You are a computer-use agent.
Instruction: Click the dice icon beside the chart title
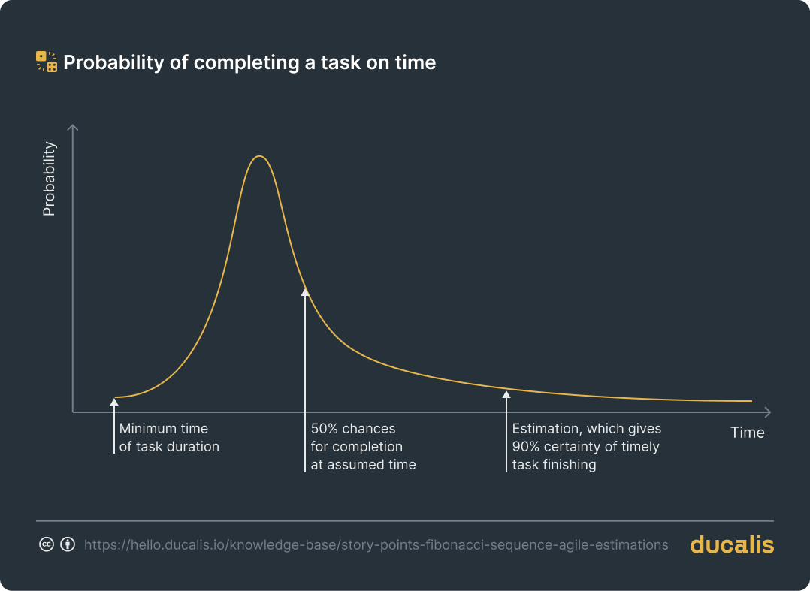47,62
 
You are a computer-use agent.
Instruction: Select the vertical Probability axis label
50,179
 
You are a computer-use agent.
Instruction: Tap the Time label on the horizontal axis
747,433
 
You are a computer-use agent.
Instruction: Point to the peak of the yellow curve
259,156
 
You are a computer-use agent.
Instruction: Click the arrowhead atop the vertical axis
73,127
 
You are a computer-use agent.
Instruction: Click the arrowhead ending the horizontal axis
767,412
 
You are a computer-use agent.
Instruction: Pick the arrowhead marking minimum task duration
114,402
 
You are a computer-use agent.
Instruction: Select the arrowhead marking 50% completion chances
305,292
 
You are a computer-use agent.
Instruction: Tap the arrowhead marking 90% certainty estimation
506,394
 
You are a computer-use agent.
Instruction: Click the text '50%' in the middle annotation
325,429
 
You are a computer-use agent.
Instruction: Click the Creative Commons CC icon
46,544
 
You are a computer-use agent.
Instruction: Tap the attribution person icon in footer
68,544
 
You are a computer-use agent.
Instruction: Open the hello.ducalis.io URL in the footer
376,545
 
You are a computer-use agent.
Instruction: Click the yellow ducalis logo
731,544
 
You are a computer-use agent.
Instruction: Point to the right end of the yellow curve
751,401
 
